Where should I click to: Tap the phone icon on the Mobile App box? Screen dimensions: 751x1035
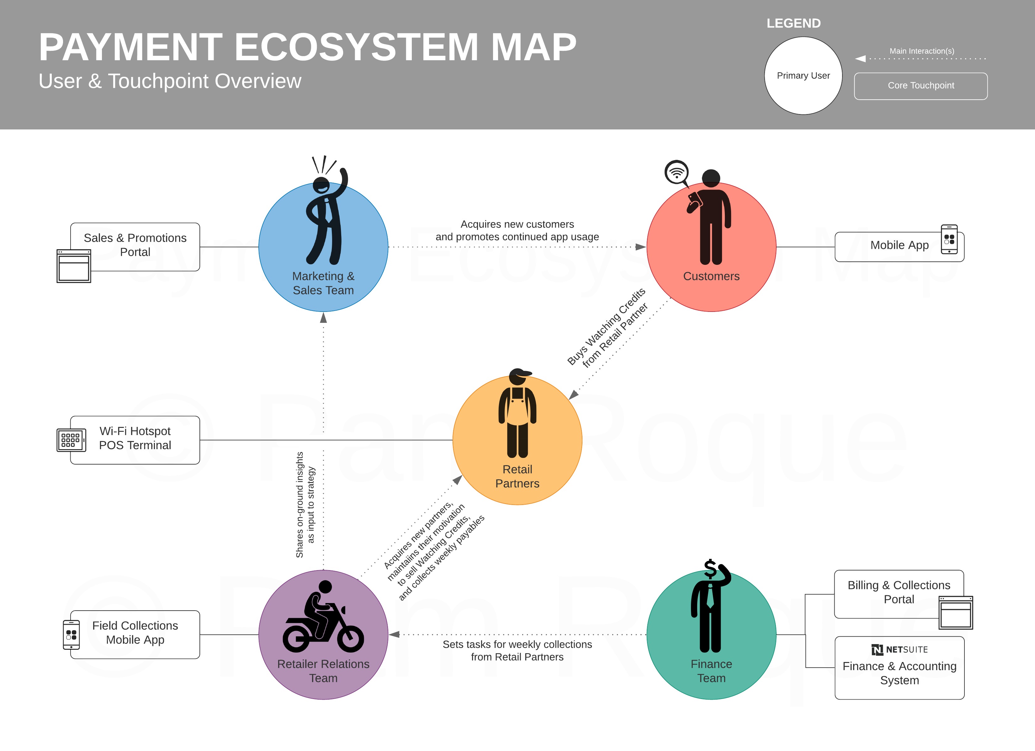(949, 239)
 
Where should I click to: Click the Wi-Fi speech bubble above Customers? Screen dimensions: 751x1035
(676, 172)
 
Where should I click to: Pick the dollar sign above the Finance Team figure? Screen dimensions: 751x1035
(710, 569)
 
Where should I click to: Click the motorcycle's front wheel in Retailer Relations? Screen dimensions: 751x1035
(350, 639)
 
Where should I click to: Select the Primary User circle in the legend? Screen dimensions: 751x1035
(803, 76)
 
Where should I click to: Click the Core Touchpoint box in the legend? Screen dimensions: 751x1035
(921, 86)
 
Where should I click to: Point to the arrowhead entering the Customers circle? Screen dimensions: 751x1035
(641, 247)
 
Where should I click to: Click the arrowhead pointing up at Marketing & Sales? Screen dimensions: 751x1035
(324, 318)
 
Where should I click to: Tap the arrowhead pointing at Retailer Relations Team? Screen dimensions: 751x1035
(394, 634)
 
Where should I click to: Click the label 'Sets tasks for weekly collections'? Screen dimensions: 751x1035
(517, 644)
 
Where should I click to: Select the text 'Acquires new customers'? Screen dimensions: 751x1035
(517, 224)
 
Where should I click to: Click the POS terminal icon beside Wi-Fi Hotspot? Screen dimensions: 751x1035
(71, 440)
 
